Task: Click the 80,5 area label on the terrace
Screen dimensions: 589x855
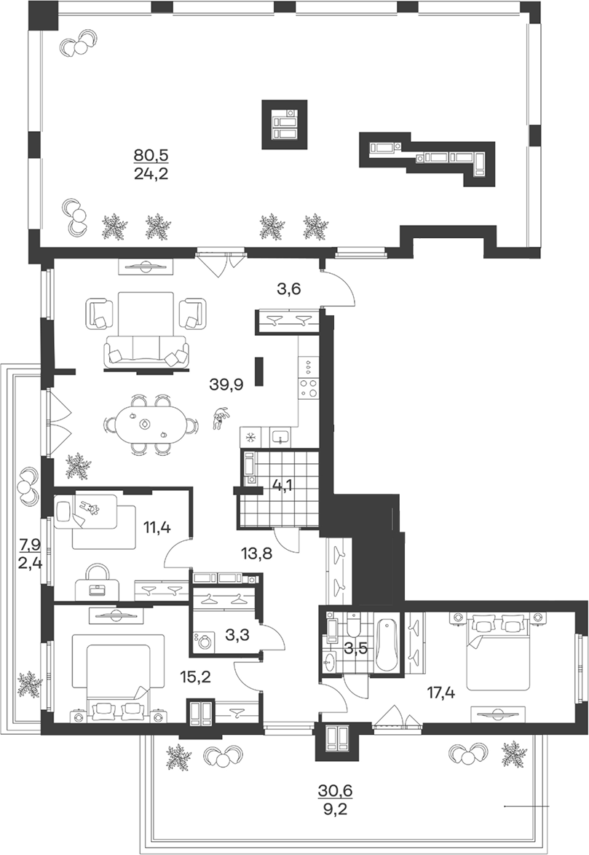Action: pos(151,155)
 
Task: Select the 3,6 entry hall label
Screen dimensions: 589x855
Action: pos(289,289)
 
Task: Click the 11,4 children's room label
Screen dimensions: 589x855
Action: pos(157,527)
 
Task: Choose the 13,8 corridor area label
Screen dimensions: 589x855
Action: pos(256,554)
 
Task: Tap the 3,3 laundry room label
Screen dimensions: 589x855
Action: pos(237,635)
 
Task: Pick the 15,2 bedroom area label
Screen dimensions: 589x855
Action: pos(195,677)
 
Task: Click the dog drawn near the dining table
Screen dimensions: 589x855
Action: pos(220,418)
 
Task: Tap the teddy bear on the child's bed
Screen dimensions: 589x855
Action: pos(90,508)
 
